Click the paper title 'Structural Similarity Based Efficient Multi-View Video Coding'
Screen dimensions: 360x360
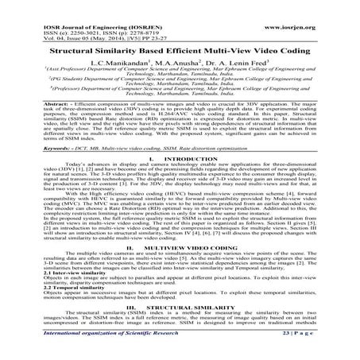tap(179, 48)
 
